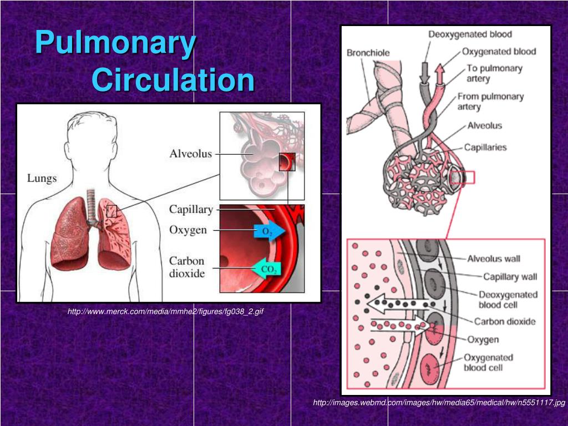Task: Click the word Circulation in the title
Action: pyautogui.click(x=173, y=80)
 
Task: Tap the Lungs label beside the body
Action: pyautogui.click(x=42, y=178)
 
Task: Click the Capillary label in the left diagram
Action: pyautogui.click(x=191, y=209)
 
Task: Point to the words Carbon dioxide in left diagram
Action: pyautogui.click(x=187, y=267)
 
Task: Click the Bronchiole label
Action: pyautogui.click(x=368, y=53)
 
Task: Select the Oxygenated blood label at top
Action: pyautogui.click(x=499, y=52)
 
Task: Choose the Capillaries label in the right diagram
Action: pyautogui.click(x=485, y=147)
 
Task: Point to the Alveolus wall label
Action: pyautogui.click(x=494, y=258)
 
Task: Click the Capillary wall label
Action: pyautogui.click(x=510, y=276)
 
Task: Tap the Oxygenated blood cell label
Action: pyautogui.click(x=488, y=362)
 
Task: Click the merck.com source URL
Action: pyautogui.click(x=165, y=312)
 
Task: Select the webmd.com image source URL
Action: pyautogui.click(x=439, y=403)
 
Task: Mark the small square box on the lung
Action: pyautogui.click(x=112, y=211)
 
